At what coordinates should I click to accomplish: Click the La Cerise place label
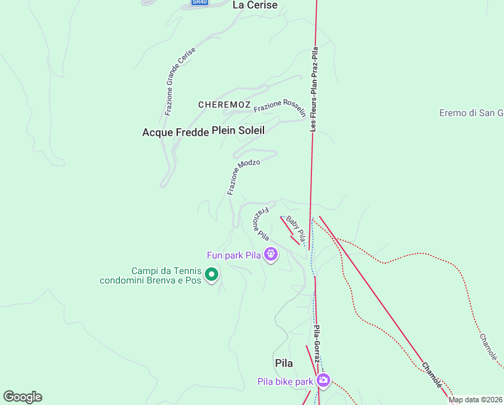pyautogui.click(x=255, y=5)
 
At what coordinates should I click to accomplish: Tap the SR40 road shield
pyautogui.click(x=199, y=3)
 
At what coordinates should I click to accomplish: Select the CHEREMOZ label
pyautogui.click(x=224, y=105)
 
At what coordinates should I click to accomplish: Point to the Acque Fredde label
pyautogui.click(x=175, y=132)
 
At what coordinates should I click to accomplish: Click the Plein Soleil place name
pyautogui.click(x=239, y=130)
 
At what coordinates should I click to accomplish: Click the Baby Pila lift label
pyautogui.click(x=296, y=230)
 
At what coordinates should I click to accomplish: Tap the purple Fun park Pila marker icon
pyautogui.click(x=271, y=254)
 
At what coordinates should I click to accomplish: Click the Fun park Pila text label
pyautogui.click(x=233, y=255)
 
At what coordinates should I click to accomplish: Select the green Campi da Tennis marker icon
pyautogui.click(x=212, y=274)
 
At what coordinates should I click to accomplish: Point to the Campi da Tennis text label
pyautogui.click(x=150, y=275)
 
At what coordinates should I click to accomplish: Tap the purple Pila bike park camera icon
pyautogui.click(x=323, y=380)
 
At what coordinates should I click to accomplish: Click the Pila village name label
pyautogui.click(x=284, y=363)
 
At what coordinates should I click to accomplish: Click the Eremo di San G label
pyautogui.click(x=471, y=113)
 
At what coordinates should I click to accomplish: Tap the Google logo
pyautogui.click(x=22, y=397)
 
